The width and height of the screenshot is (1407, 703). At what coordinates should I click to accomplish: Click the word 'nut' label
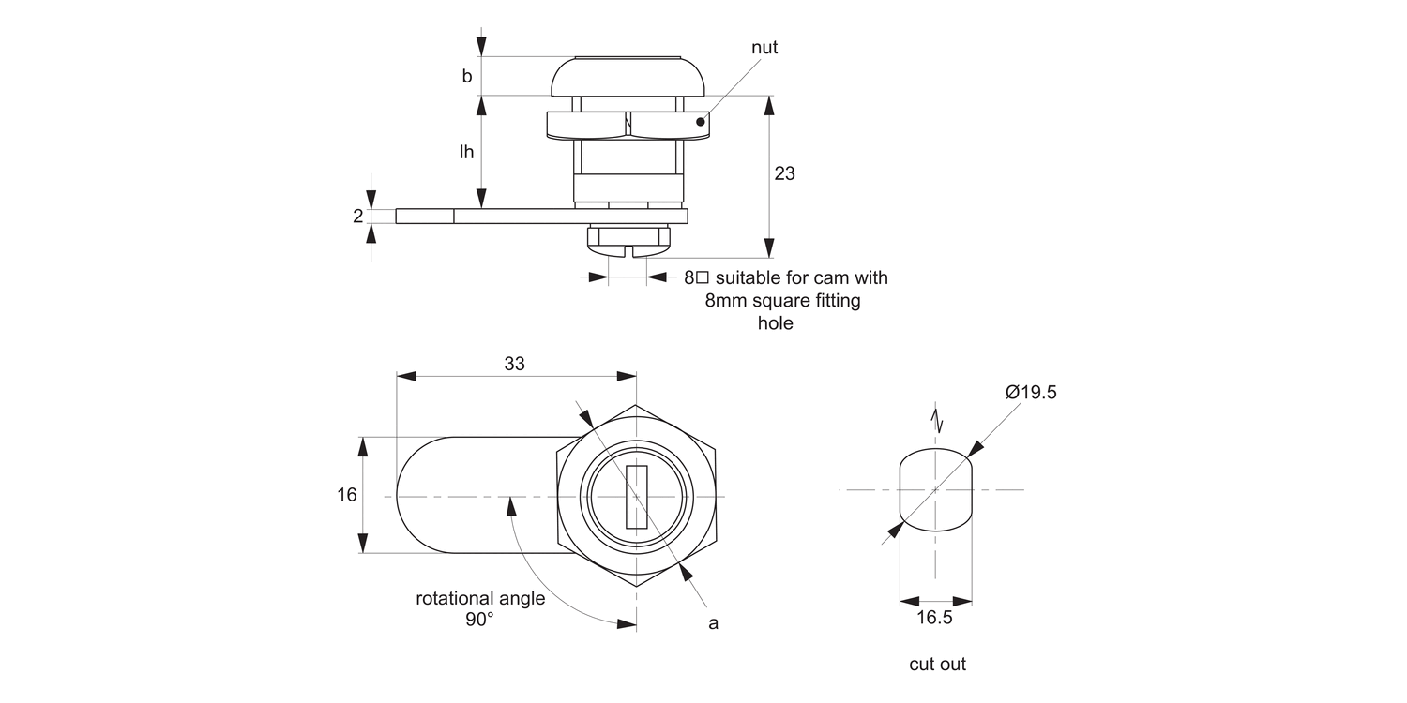tap(764, 48)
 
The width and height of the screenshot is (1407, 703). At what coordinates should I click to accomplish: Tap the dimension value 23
tap(784, 173)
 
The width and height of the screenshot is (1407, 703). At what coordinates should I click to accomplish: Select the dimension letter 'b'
tap(466, 77)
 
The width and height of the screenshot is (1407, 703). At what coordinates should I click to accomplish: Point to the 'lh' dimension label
tap(466, 152)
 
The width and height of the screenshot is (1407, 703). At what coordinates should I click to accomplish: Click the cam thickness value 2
tap(357, 217)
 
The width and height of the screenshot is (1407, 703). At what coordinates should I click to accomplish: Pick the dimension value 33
tap(515, 365)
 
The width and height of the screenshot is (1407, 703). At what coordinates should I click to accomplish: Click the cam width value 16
tap(347, 495)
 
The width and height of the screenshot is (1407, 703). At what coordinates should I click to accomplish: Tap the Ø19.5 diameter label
tap(1031, 393)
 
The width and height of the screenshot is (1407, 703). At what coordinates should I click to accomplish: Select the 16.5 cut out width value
tap(934, 618)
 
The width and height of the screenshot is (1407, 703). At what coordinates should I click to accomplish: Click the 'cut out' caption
tap(937, 665)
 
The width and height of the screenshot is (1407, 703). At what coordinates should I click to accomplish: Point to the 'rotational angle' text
tap(480, 599)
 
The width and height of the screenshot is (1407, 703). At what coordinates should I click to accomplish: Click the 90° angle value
tap(478, 620)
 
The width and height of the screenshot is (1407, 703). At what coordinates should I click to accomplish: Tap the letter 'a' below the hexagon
tap(713, 623)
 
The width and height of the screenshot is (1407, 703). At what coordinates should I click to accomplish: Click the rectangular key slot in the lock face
tap(636, 496)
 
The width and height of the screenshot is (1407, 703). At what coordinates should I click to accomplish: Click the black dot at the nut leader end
tap(701, 121)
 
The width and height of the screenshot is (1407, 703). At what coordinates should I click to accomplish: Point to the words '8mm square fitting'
tap(782, 301)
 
